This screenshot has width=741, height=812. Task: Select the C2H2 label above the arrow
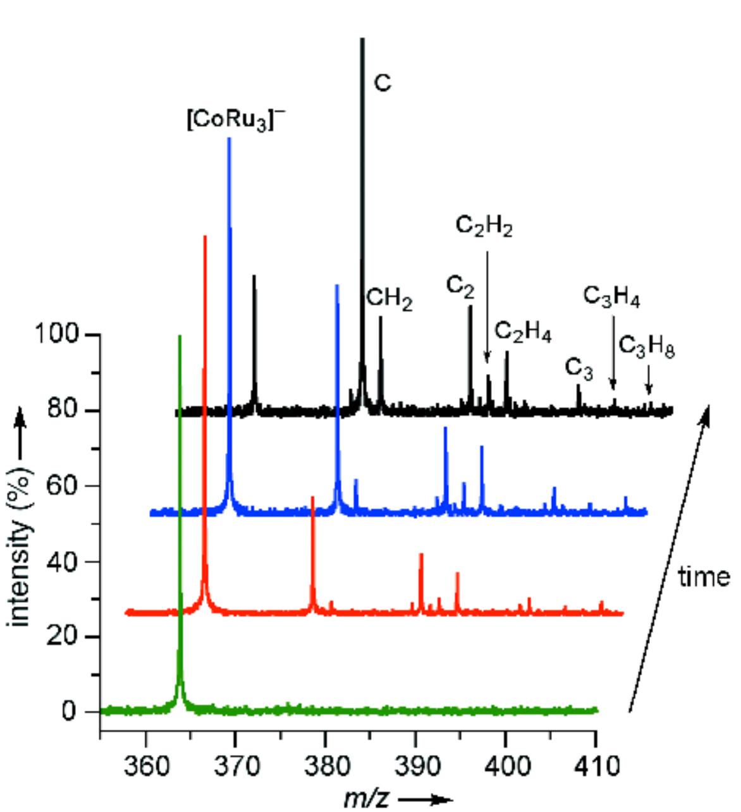point(484,226)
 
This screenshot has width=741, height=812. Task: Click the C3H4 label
point(611,296)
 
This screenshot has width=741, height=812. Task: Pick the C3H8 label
point(646,346)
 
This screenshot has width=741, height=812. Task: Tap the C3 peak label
point(579,368)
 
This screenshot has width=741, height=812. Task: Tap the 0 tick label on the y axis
point(70,712)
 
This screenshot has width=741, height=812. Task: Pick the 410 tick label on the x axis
point(595,766)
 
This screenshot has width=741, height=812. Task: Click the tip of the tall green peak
point(180,337)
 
